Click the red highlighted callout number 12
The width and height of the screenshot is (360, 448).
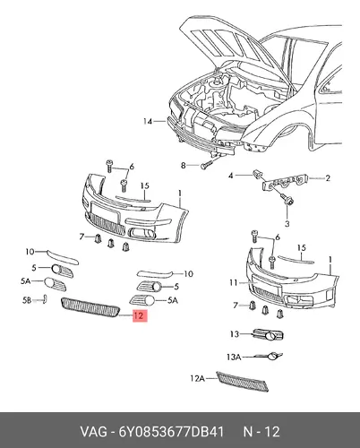coord(139,315)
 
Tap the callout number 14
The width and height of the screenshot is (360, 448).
coord(148,122)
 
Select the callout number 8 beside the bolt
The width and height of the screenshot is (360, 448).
coord(184,165)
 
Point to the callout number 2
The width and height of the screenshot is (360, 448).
coord(328,178)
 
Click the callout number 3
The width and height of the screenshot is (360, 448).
coord(287,223)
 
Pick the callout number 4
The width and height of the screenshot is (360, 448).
coord(230,176)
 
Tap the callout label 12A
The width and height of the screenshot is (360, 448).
coord(197,378)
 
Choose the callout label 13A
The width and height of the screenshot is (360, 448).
coord(234,357)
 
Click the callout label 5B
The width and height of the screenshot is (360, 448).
coord(27,300)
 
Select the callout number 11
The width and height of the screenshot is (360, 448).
coord(234,282)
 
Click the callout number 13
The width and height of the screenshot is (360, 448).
coord(235,333)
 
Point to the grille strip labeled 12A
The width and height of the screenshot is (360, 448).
coord(243,381)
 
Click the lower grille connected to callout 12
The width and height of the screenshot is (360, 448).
coord(90,307)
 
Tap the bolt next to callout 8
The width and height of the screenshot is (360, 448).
coord(207,164)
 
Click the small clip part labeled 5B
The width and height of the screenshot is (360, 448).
coord(45,298)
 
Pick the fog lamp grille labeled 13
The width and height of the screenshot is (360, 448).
coord(268,335)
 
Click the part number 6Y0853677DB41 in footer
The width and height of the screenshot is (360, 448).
coord(171,432)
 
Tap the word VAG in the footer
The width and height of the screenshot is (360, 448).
coord(93,432)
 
